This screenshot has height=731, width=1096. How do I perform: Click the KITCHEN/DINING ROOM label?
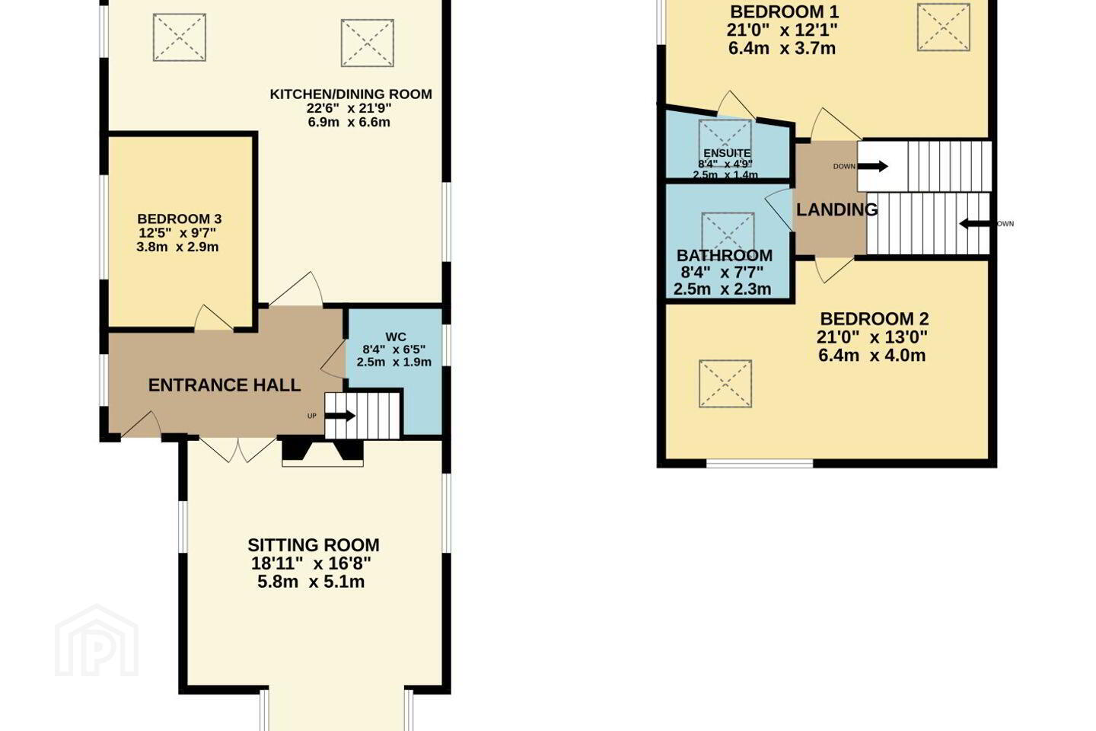(x=351, y=94)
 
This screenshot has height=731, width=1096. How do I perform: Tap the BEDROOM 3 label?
(x=179, y=219)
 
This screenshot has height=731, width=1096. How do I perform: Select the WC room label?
(x=395, y=337)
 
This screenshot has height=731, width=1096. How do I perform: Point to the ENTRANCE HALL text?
(x=224, y=385)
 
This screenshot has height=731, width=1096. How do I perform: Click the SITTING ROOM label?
(x=313, y=545)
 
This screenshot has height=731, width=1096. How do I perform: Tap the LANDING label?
(x=836, y=209)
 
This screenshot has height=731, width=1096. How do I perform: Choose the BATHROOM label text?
(x=724, y=256)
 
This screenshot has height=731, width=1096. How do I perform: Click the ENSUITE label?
(x=727, y=153)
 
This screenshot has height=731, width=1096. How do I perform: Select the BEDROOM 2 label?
(x=875, y=319)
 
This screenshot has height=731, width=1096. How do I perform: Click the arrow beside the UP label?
(x=340, y=417)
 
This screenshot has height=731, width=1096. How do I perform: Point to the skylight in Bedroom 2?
(x=725, y=384)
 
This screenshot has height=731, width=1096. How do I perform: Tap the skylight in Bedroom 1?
(x=943, y=27)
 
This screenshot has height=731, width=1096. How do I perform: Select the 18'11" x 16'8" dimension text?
(x=311, y=563)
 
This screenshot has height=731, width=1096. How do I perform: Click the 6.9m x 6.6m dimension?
(x=349, y=122)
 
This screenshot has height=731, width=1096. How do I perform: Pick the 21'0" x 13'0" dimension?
(x=872, y=337)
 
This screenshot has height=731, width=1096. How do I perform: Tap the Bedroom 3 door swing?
(x=212, y=318)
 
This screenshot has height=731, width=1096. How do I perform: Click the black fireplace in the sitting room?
(x=323, y=450)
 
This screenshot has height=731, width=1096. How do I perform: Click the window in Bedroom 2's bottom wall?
(x=760, y=463)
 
